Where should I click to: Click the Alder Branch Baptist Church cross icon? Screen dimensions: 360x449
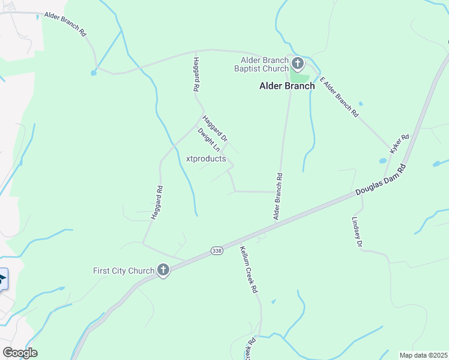[297, 64]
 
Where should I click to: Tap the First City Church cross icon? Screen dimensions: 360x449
[163, 270]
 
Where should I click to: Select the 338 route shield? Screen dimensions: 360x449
[217, 250]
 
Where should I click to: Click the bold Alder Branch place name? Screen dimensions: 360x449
[287, 86]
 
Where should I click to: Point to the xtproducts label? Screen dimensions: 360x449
[206, 159]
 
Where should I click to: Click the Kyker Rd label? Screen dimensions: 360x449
[399, 145]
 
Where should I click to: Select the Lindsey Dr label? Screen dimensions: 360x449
[357, 232]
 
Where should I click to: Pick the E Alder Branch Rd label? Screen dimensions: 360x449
[339, 96]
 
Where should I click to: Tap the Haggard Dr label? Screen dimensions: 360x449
[215, 128]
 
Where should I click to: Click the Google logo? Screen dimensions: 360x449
[20, 352]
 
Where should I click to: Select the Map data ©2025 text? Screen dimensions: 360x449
[423, 355]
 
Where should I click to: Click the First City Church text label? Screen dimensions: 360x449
[124, 271]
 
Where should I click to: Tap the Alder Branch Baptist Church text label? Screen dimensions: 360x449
[264, 64]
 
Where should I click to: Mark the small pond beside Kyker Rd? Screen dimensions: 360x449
[382, 161]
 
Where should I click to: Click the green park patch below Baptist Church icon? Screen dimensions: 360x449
[300, 79]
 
